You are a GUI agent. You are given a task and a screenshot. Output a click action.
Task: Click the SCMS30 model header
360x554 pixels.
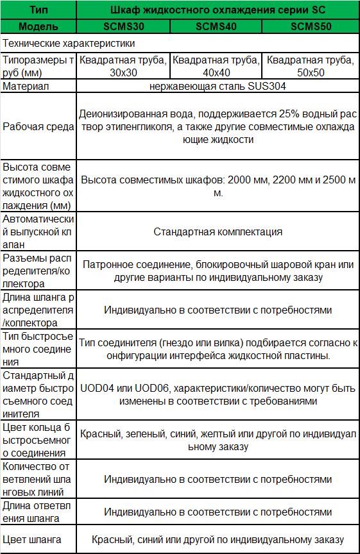tap(124, 26)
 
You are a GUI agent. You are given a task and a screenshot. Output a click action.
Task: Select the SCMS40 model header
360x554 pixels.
tap(216, 26)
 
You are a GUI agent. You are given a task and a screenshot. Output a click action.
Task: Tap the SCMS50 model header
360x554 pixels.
tap(311, 26)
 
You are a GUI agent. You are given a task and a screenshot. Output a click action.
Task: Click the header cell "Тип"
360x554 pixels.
tap(38, 10)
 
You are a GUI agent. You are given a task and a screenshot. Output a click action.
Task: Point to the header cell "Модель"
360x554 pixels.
tap(38, 26)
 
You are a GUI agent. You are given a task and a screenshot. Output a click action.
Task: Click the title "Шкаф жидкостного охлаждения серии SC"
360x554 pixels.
tap(218, 10)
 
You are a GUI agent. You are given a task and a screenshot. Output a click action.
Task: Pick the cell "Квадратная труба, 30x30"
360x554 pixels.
tap(124, 66)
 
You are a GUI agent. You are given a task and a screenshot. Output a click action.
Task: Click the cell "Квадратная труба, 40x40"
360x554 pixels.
tap(216, 66)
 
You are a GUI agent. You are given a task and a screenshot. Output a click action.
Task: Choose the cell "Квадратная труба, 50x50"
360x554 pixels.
tap(311, 66)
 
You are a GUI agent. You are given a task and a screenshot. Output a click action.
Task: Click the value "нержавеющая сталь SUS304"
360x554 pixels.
tap(218, 86)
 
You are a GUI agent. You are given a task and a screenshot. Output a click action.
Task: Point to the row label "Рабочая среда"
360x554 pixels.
tap(38, 127)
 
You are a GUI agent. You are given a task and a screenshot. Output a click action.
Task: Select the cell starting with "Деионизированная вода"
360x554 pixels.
tap(218, 127)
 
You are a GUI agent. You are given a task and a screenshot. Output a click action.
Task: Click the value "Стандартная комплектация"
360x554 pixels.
tap(218, 231)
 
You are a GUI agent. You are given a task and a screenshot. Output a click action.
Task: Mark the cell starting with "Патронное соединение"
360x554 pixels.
tap(218, 271)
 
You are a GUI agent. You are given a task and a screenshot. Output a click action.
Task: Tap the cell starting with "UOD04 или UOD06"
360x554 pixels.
tap(218, 394)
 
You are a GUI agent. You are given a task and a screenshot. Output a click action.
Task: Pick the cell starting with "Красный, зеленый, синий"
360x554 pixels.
tap(218, 440)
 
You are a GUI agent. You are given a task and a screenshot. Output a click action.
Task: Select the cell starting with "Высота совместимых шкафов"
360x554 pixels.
tap(218, 186)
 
